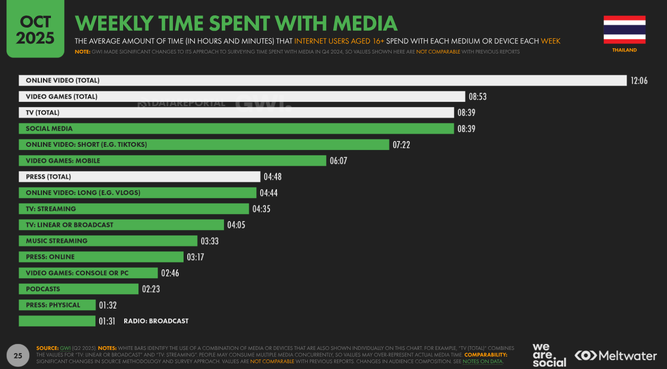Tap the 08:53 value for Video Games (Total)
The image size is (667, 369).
pyautogui.click(x=478, y=96)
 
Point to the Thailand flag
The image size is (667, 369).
pyautogui.click(x=624, y=30)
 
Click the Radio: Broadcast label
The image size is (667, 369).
pyautogui.click(x=156, y=321)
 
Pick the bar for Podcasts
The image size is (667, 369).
pyautogui.click(x=78, y=289)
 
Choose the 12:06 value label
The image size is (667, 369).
pyautogui.click(x=639, y=81)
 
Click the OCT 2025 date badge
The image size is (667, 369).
pyautogui.click(x=35, y=29)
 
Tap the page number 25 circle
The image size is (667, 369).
pyautogui.click(x=18, y=356)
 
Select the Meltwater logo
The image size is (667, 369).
pyautogui.click(x=616, y=355)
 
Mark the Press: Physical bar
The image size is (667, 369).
pyautogui.click(x=57, y=305)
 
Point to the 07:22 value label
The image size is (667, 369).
pyautogui.click(x=401, y=145)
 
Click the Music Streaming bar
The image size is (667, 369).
pyautogui.click(x=108, y=241)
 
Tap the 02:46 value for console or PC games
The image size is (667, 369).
pyautogui.click(x=170, y=273)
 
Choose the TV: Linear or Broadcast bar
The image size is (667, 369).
pyautogui.click(x=121, y=225)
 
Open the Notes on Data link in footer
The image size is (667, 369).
pyautogui.click(x=482, y=361)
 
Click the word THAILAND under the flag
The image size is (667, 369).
pyautogui.click(x=624, y=50)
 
